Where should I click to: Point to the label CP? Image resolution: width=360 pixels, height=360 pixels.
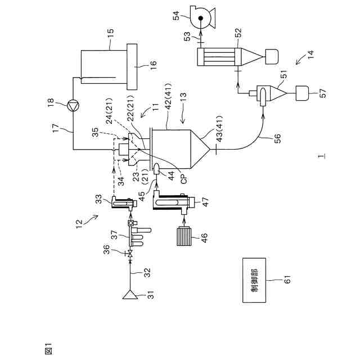point(183,179)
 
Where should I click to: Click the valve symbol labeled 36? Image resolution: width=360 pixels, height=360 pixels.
point(130,257)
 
